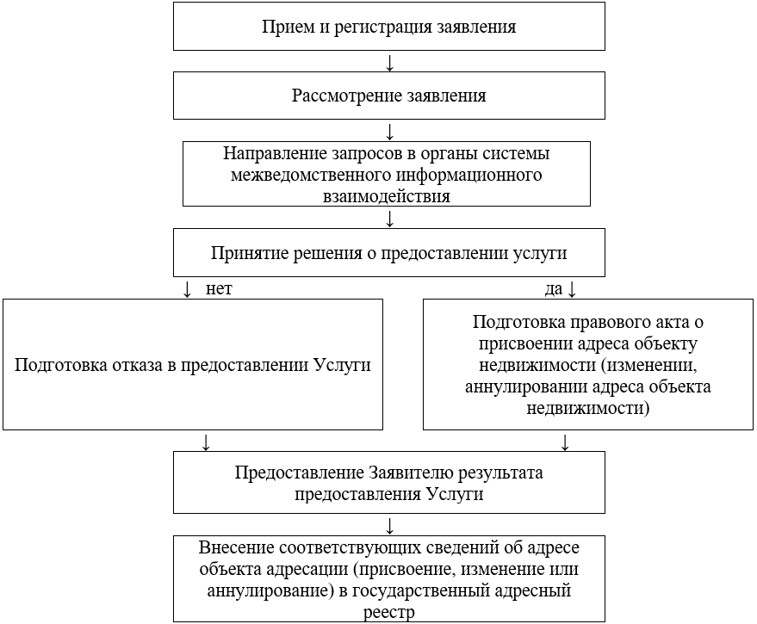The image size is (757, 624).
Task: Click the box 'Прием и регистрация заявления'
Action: pyautogui.click(x=389, y=27)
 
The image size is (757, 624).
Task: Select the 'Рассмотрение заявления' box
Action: pyautogui.click(x=389, y=95)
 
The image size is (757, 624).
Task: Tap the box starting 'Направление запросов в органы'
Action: pyautogui.click(x=387, y=174)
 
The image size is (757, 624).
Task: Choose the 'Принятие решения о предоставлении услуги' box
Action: pyautogui.click(x=389, y=253)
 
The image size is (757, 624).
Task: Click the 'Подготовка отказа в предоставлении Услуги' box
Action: pyautogui.click(x=192, y=363)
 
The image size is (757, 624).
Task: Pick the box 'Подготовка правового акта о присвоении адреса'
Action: pyautogui.click(x=588, y=363)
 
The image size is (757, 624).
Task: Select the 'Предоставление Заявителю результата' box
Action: pyautogui.click(x=389, y=483)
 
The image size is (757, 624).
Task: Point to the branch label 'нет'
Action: pyautogui.click(x=219, y=289)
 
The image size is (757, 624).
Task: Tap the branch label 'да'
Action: pyautogui.click(x=553, y=289)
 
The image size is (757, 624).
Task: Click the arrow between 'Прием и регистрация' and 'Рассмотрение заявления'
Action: pyautogui.click(x=390, y=63)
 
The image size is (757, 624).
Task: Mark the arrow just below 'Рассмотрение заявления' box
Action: pyautogui.click(x=390, y=131)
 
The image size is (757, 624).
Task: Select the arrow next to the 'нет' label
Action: pyautogui.click(x=188, y=289)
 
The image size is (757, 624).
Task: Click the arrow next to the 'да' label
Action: pyautogui.click(x=571, y=289)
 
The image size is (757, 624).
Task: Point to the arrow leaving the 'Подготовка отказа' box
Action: pyautogui.click(x=205, y=442)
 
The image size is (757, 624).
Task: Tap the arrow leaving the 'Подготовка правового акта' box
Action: pyautogui.click(x=566, y=442)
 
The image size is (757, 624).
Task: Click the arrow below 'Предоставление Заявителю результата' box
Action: pyautogui.click(x=390, y=525)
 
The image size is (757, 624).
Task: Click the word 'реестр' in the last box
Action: pyautogui.click(x=389, y=612)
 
